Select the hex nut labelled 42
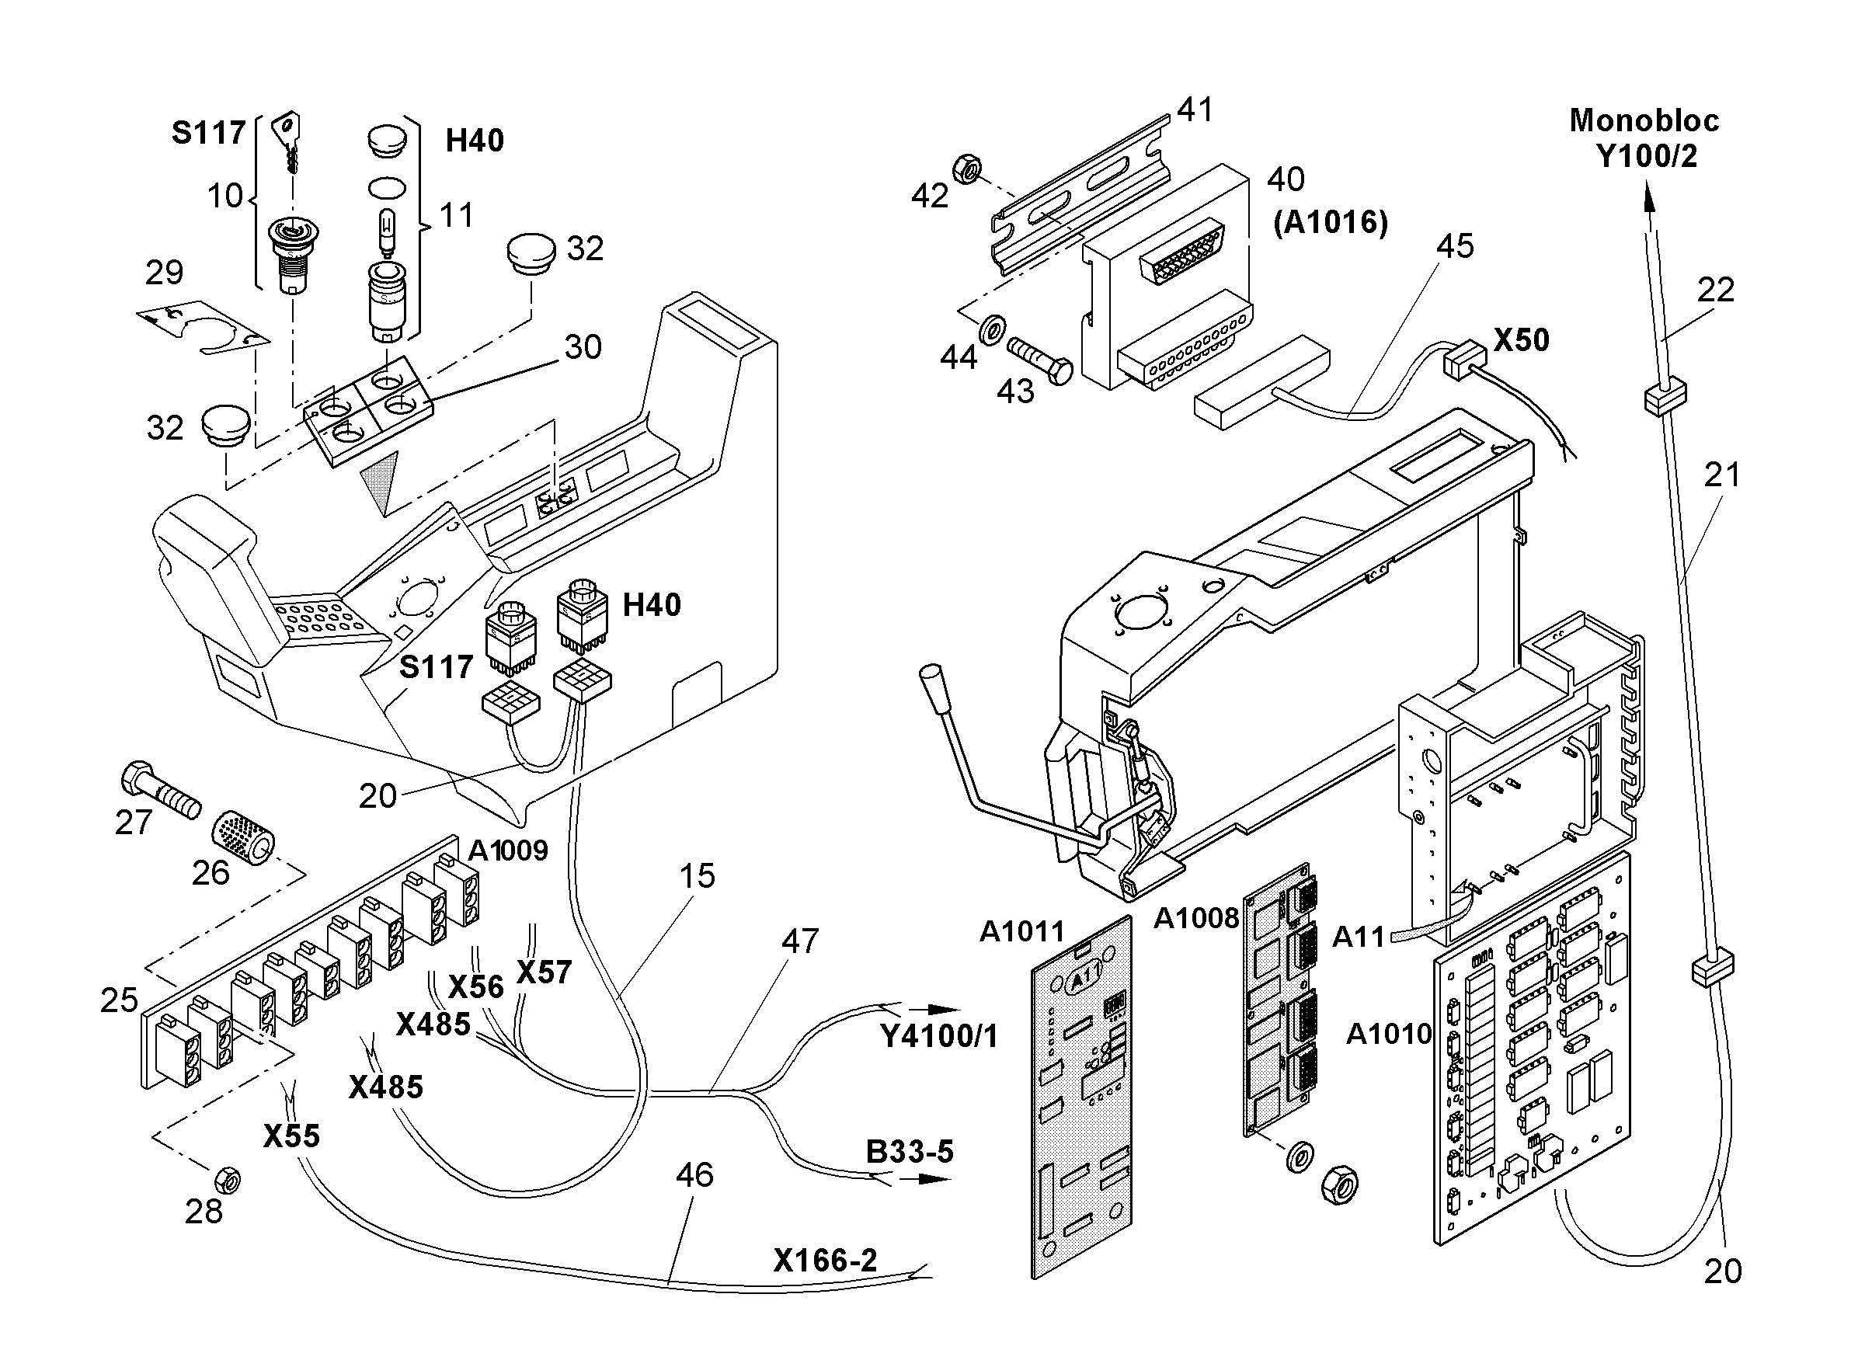click(x=966, y=169)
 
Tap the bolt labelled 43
click(x=1039, y=361)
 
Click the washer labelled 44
click(x=990, y=329)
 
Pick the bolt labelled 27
click(x=160, y=789)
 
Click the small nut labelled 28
click(x=227, y=1178)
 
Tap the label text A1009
click(x=507, y=850)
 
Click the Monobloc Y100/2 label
click(x=1644, y=138)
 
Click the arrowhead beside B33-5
click(x=934, y=1178)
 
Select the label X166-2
click(x=825, y=1260)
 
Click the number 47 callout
click(x=799, y=941)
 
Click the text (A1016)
click(x=1330, y=222)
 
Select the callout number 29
click(x=164, y=273)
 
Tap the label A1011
click(x=1022, y=932)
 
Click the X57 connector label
click(x=544, y=972)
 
